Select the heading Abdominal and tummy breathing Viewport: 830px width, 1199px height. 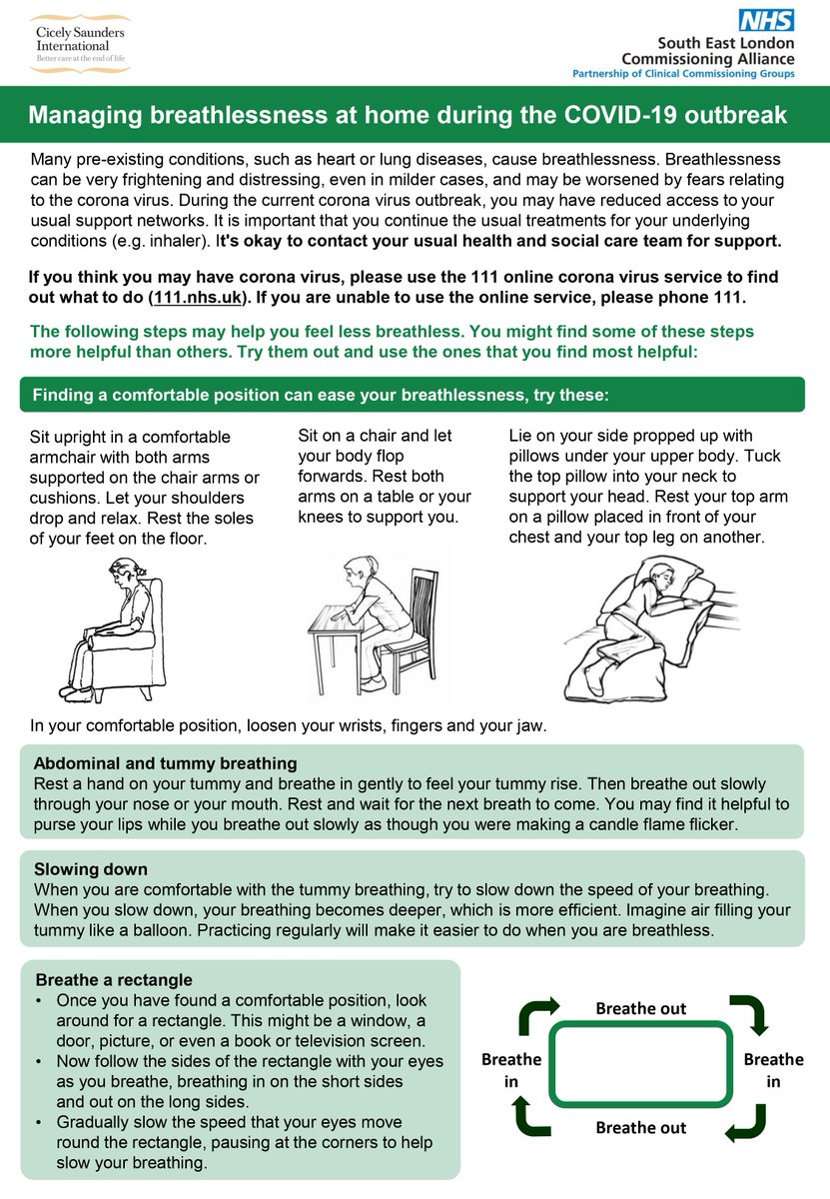(165, 763)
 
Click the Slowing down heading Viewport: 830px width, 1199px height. (90, 869)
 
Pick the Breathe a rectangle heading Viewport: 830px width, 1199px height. (113, 979)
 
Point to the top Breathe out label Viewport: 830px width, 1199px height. (640, 1008)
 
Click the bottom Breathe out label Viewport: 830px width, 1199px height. (640, 1127)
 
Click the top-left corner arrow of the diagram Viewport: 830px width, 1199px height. (532, 1016)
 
